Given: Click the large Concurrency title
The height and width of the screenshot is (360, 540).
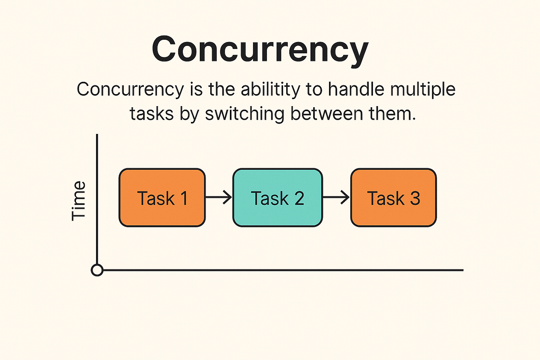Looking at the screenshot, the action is click(x=260, y=49).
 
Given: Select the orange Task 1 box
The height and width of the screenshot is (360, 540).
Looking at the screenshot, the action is click(x=162, y=198).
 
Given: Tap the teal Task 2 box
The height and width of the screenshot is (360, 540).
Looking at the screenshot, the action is click(x=277, y=198).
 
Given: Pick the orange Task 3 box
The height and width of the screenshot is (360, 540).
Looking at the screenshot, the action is click(x=393, y=198).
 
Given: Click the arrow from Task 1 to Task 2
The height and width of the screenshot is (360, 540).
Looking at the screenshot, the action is click(x=219, y=198).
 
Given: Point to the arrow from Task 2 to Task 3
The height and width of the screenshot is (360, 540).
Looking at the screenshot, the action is click(x=336, y=198).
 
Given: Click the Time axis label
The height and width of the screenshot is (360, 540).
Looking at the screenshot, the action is click(x=78, y=201).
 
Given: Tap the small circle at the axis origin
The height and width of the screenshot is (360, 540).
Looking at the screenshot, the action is click(x=97, y=270).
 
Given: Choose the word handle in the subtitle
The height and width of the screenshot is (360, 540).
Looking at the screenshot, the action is click(x=356, y=90).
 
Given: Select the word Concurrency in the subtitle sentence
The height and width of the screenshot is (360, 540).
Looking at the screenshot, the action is click(x=130, y=90).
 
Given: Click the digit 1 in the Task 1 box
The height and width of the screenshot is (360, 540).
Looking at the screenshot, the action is click(x=184, y=198).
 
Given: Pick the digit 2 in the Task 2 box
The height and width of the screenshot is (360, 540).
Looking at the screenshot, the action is click(x=299, y=198).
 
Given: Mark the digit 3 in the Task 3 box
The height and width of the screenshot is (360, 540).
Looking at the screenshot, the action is click(x=415, y=198).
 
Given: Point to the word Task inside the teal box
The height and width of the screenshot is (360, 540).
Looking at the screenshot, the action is click(x=270, y=198).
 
